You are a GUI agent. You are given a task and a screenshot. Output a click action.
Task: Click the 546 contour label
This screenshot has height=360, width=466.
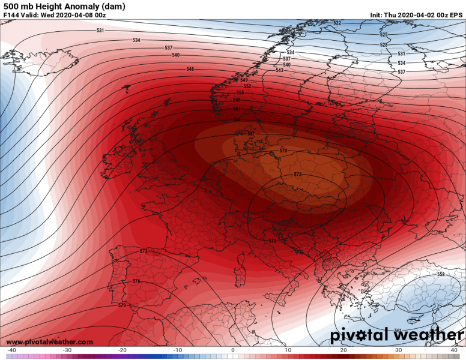click(190, 70)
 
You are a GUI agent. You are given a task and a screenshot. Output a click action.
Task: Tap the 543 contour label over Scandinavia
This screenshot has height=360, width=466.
click(279, 71)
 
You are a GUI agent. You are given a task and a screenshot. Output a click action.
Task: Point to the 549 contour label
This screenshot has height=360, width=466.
click(244, 80)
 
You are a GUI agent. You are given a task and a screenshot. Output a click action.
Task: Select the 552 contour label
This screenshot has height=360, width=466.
click(247, 86)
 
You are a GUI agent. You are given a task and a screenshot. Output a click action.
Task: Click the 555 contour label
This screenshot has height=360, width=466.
click(240, 93)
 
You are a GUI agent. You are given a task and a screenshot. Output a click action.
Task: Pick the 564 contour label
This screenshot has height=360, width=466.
click(237, 119)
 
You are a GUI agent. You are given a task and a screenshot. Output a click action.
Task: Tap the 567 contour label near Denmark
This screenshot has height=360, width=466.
click(250, 133)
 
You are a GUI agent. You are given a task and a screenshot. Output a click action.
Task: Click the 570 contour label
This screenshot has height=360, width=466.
click(283, 150)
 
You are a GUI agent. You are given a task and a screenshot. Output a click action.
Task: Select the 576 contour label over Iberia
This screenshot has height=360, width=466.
click(136, 281)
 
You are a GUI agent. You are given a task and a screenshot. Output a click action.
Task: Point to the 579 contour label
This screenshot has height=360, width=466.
click(122, 305)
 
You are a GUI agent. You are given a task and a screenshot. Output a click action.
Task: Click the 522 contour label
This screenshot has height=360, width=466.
click(337, 23)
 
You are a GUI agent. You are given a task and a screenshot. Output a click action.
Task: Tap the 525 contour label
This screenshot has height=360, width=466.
click(384, 35)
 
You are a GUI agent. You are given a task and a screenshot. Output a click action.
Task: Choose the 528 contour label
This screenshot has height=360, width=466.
click(384, 45)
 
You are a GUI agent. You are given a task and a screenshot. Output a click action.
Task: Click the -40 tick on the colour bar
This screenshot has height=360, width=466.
click(11, 350)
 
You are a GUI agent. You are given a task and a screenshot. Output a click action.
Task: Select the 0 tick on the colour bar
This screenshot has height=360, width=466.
click(232, 350)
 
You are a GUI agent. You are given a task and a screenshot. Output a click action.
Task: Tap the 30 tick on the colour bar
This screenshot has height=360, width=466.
click(398, 350)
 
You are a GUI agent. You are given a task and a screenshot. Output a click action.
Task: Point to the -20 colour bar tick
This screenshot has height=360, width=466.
click(122, 350)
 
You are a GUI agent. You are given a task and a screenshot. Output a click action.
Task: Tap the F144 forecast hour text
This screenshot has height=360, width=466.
click(11, 14)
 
